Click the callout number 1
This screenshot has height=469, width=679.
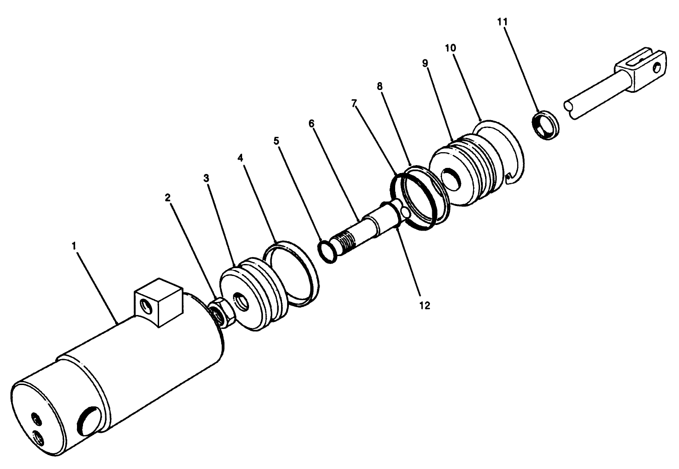pyautogui.click(x=74, y=246)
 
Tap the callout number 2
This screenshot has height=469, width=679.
pyautogui.click(x=168, y=198)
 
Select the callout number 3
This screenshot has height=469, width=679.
pyautogui.click(x=206, y=178)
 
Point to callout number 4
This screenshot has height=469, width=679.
pyautogui.click(x=240, y=158)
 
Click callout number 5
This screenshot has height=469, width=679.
pyautogui.click(x=276, y=141)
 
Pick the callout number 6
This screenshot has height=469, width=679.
pyautogui.click(x=311, y=123)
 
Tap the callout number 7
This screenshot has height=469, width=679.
pyautogui.click(x=355, y=103)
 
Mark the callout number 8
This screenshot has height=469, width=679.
pyautogui.click(x=380, y=86)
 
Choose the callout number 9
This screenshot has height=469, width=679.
pyautogui.click(x=425, y=64)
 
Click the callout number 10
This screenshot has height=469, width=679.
pyautogui.click(x=450, y=48)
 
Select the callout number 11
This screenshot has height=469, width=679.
pyautogui.click(x=502, y=21)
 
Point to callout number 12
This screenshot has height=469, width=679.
pyautogui.click(x=424, y=305)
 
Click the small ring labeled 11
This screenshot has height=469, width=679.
pyautogui.click(x=545, y=124)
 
